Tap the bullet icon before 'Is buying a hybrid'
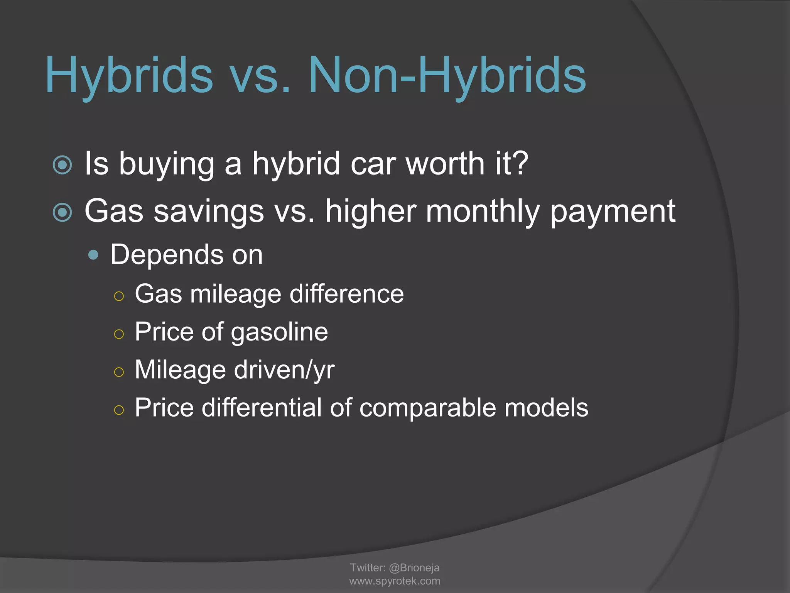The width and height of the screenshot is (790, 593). coord(62,165)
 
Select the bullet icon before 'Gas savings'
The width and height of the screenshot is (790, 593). coord(62,212)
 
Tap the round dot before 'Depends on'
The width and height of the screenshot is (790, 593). coord(93,255)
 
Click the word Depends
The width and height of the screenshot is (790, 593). coord(167,255)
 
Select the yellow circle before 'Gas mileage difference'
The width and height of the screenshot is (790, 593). coord(119,296)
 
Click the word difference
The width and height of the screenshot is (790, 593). coord(346,294)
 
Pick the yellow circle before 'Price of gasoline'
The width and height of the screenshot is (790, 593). coord(119,334)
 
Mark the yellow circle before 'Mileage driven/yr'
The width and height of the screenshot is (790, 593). coord(119,372)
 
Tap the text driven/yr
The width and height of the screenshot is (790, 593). coord(284,370)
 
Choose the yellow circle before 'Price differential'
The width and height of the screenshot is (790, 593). coord(119,410)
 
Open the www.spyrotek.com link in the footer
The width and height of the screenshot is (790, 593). coord(395,581)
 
